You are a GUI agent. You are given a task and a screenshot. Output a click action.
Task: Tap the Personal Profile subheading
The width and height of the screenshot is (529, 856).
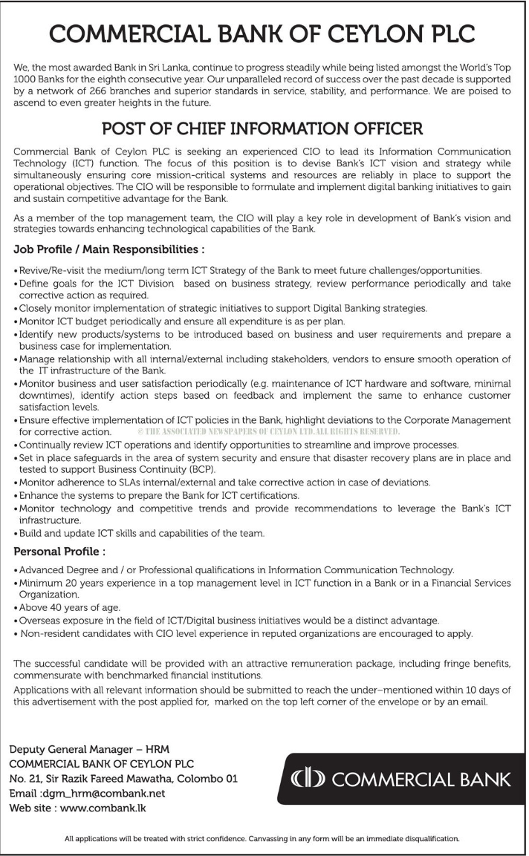pyautogui.click(x=60, y=552)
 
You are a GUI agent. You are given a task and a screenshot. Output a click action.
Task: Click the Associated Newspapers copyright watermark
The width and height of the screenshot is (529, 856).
pyautogui.click(x=266, y=431)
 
